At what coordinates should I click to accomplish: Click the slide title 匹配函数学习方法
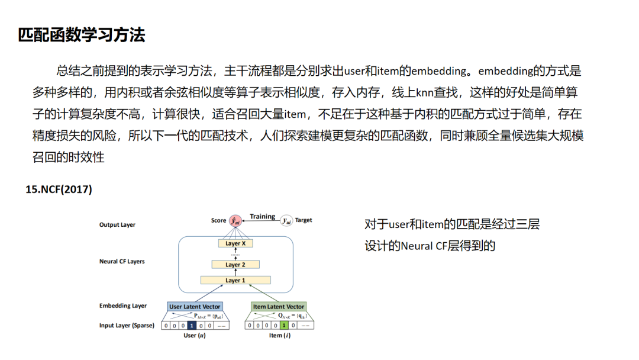coord(82,35)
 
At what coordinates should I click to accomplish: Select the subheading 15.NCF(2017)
coord(59,189)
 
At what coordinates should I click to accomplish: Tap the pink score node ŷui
coord(235,220)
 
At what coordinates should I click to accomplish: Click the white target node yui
coord(286,220)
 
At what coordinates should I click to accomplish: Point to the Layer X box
coord(235,243)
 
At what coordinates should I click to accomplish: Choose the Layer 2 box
coord(235,265)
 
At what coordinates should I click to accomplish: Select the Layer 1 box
coord(235,280)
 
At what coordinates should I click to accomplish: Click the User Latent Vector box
coord(195,307)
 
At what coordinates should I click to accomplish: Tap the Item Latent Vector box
coord(279,307)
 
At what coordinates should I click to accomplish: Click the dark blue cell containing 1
coord(192,325)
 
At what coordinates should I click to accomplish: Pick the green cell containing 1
coord(285,325)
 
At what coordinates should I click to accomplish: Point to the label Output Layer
coord(117,225)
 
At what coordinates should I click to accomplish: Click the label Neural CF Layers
coord(122,261)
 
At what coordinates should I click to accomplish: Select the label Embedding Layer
coord(123,306)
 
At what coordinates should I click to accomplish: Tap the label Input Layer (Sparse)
coord(126,326)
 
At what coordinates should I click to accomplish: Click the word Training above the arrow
coord(262,216)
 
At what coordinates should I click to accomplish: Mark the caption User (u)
coord(193,336)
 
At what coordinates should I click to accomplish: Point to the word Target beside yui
coord(304,220)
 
